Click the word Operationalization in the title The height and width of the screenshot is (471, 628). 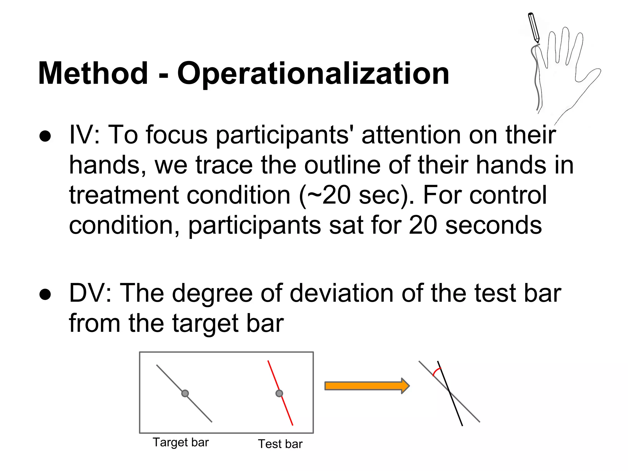[313, 74]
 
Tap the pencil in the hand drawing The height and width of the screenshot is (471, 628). [534, 28]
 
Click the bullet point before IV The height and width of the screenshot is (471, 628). [45, 136]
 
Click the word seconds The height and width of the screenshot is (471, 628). [493, 225]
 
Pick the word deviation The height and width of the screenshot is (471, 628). [342, 293]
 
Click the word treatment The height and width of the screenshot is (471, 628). [124, 196]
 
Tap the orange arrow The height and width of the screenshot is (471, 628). [367, 386]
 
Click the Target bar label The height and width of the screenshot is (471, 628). [181, 442]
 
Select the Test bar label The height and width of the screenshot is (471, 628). [280, 444]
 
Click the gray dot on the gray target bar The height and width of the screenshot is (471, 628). [185, 393]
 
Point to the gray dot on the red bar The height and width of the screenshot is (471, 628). [279, 393]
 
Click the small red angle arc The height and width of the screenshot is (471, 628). [436, 371]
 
